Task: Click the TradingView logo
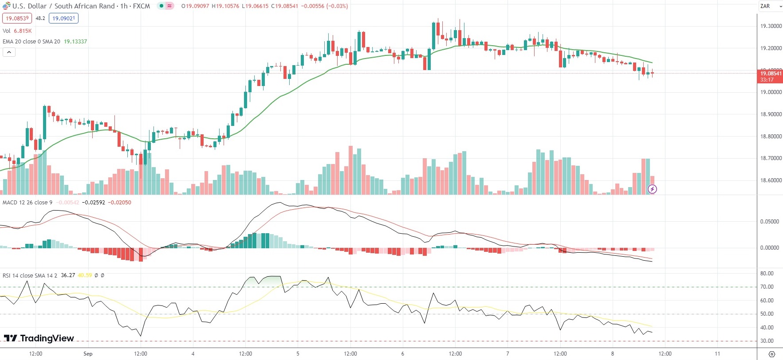point(39,338)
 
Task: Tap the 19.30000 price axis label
point(771,26)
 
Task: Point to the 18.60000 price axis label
point(771,180)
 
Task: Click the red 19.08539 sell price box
point(17,19)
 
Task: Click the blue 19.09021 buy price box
point(64,19)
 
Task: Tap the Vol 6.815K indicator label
point(17,31)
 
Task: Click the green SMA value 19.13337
point(75,42)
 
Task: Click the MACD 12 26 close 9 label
point(28,203)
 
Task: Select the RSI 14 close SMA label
point(30,275)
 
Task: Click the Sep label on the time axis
point(88,354)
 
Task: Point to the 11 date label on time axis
point(717,354)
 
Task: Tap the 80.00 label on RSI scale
point(767,274)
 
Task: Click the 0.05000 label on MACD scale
point(770,222)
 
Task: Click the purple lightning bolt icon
point(652,189)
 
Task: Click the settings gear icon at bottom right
point(772,354)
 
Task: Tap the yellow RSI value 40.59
point(85,275)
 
